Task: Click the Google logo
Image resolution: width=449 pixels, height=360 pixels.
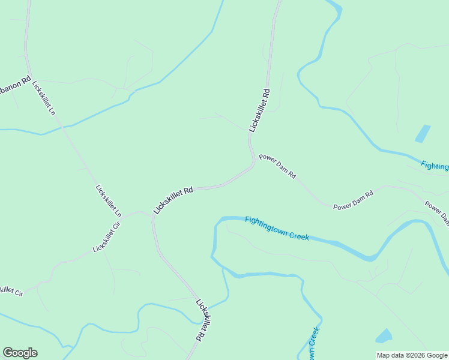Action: pyautogui.click(x=20, y=353)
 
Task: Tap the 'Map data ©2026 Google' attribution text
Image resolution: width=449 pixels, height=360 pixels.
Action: pyautogui.click(x=412, y=355)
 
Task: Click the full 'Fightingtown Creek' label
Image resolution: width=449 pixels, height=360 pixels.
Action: pyautogui.click(x=277, y=228)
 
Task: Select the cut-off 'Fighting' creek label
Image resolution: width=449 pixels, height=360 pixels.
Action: pyautogui.click(x=434, y=166)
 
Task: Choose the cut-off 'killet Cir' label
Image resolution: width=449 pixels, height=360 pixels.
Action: pyautogui.click(x=11, y=291)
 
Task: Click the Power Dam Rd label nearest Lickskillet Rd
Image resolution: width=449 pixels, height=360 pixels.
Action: pyautogui.click(x=277, y=166)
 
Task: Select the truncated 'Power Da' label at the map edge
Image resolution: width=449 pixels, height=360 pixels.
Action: pyautogui.click(x=437, y=212)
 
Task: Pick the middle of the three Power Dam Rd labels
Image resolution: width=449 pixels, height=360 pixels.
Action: pyautogui.click(x=354, y=200)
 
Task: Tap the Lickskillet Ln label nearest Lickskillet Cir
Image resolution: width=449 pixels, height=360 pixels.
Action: pyautogui.click(x=109, y=200)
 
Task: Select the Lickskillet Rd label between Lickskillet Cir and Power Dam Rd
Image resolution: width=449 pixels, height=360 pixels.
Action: pyautogui.click(x=173, y=200)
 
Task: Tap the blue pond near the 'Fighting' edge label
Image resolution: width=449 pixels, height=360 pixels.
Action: pyautogui.click(x=423, y=133)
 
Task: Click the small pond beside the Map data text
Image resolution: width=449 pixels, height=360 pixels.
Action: pyautogui.click(x=384, y=335)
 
